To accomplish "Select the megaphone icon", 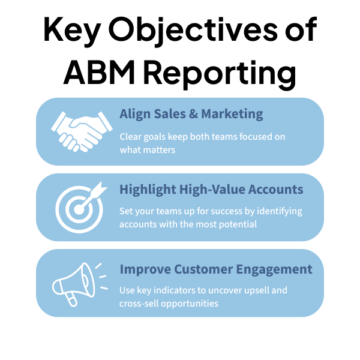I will pyautogui.click(x=76, y=281).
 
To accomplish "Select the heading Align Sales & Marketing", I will pyautogui.click(x=191, y=114).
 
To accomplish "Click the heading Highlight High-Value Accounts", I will pyautogui.click(x=211, y=190).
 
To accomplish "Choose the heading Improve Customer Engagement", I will pyautogui.click(x=215, y=269).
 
